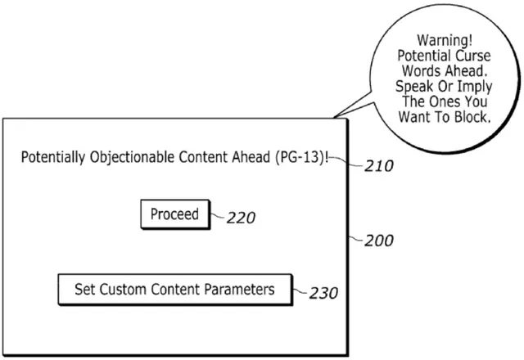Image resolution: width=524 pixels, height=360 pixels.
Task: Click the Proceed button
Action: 174,214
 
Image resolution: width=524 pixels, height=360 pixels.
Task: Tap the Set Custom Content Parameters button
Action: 174,289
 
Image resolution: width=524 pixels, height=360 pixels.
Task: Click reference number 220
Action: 240,218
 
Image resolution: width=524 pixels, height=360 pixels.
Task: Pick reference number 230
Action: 323,293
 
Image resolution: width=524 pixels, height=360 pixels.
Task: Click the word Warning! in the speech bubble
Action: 442,39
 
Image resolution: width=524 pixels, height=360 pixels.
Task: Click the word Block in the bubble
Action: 470,117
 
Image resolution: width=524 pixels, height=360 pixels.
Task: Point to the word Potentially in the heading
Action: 53,158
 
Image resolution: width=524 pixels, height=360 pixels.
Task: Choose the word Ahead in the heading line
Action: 242,158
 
